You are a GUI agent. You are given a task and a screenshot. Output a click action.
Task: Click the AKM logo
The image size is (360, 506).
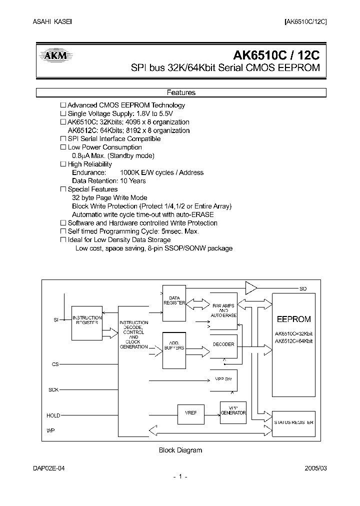pos(55,56)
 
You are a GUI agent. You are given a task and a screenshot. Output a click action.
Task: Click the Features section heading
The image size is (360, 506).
pos(180,92)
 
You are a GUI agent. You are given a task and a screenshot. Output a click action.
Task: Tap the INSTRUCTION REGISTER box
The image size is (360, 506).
pos(87,320)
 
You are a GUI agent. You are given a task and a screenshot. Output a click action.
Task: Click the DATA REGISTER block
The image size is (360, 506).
pos(174,300)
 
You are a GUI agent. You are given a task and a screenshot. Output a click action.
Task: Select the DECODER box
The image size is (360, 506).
pos(223,344)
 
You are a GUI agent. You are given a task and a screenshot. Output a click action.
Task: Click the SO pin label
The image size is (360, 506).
pos(303,288)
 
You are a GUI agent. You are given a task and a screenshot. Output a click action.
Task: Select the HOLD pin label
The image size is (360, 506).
pos(53,415)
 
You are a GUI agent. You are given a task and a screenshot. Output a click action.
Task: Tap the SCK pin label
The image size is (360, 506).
pos(53,389)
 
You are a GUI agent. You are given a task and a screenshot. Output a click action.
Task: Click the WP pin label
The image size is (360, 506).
pos(50,430)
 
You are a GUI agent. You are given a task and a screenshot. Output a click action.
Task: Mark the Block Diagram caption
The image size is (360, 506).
pos(180,450)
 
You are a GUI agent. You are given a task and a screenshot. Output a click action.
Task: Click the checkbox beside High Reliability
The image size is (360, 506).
pos(63,164)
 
